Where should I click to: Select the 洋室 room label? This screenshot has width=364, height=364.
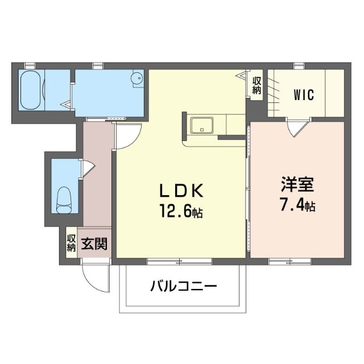pos(296,186)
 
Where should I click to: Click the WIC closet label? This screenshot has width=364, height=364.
pos(304,94)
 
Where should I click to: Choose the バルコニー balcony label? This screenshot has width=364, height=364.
pos(184,286)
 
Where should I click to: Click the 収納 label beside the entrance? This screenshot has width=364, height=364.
pos(71,243)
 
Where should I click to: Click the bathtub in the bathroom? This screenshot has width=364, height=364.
pos(31,90)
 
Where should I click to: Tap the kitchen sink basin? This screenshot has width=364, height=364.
pos(201,124)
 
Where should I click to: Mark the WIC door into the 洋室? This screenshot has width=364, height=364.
pos(297,129)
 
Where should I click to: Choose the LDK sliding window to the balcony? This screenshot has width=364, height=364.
pos(180,261)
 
